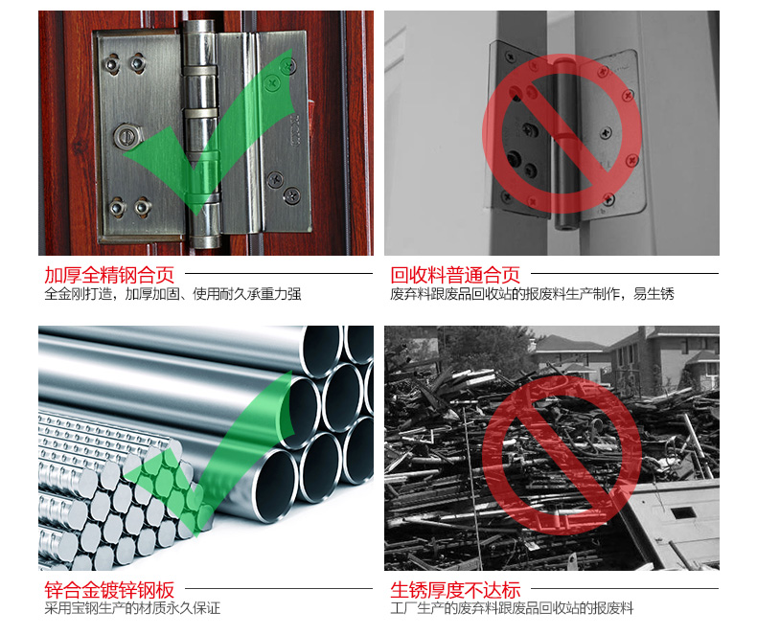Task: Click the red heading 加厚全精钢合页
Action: click(x=109, y=275)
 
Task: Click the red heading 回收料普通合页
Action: click(x=455, y=275)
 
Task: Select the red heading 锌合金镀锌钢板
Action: click(x=109, y=590)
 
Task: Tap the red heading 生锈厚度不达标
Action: click(x=455, y=590)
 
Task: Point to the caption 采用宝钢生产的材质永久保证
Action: click(x=132, y=608)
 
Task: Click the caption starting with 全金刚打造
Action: click(x=172, y=293)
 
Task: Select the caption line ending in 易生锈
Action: click(x=532, y=293)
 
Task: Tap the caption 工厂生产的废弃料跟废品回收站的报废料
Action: click(x=512, y=608)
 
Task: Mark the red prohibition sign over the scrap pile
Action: click(x=562, y=455)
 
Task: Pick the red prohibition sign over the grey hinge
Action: click(x=562, y=134)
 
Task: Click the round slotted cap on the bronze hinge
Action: click(x=127, y=136)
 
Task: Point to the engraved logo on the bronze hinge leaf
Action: click(x=295, y=129)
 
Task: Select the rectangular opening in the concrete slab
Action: click(x=683, y=512)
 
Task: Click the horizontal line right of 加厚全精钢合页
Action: click(x=279, y=274)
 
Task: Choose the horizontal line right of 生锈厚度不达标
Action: click(x=625, y=589)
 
